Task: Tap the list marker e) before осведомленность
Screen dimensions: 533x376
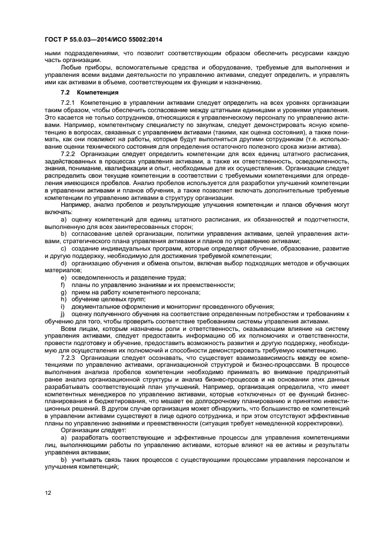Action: [63, 277]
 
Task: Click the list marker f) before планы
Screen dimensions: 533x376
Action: [63, 284]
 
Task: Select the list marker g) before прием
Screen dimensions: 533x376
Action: [63, 292]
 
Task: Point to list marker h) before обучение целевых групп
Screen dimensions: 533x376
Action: [63, 299]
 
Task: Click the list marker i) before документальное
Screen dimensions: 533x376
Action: [63, 306]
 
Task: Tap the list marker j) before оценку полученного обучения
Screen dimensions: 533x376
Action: [63, 314]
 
